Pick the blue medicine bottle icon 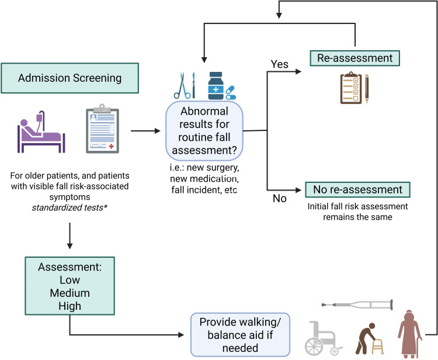(217, 85)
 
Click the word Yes (280, 64)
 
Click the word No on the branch (279, 198)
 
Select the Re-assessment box (355, 58)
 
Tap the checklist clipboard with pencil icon (356, 88)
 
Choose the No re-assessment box (357, 190)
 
